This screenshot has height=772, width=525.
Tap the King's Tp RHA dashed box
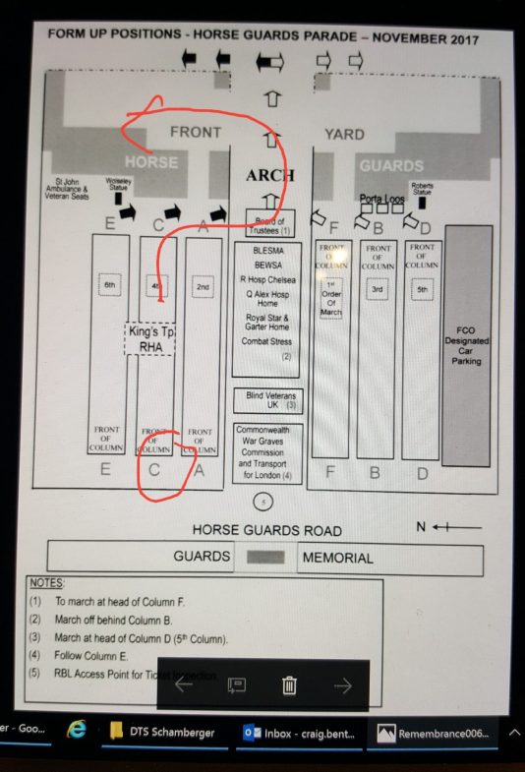click(149, 338)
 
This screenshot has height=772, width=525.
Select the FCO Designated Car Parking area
click(467, 344)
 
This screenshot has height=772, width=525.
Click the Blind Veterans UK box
click(266, 399)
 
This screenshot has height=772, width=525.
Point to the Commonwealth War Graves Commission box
click(267, 453)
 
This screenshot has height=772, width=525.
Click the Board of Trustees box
click(270, 223)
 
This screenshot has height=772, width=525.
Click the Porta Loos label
click(381, 197)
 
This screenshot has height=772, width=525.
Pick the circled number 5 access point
click(263, 503)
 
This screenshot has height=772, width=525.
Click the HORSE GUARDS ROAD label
click(266, 531)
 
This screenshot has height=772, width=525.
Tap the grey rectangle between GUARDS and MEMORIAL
click(265, 558)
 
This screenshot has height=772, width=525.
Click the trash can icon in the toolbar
click(289, 685)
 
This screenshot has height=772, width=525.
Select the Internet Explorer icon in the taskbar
click(76, 732)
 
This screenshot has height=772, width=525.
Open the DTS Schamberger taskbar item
click(161, 733)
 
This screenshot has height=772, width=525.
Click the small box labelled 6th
click(108, 287)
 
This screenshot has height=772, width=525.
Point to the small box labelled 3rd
click(377, 289)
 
